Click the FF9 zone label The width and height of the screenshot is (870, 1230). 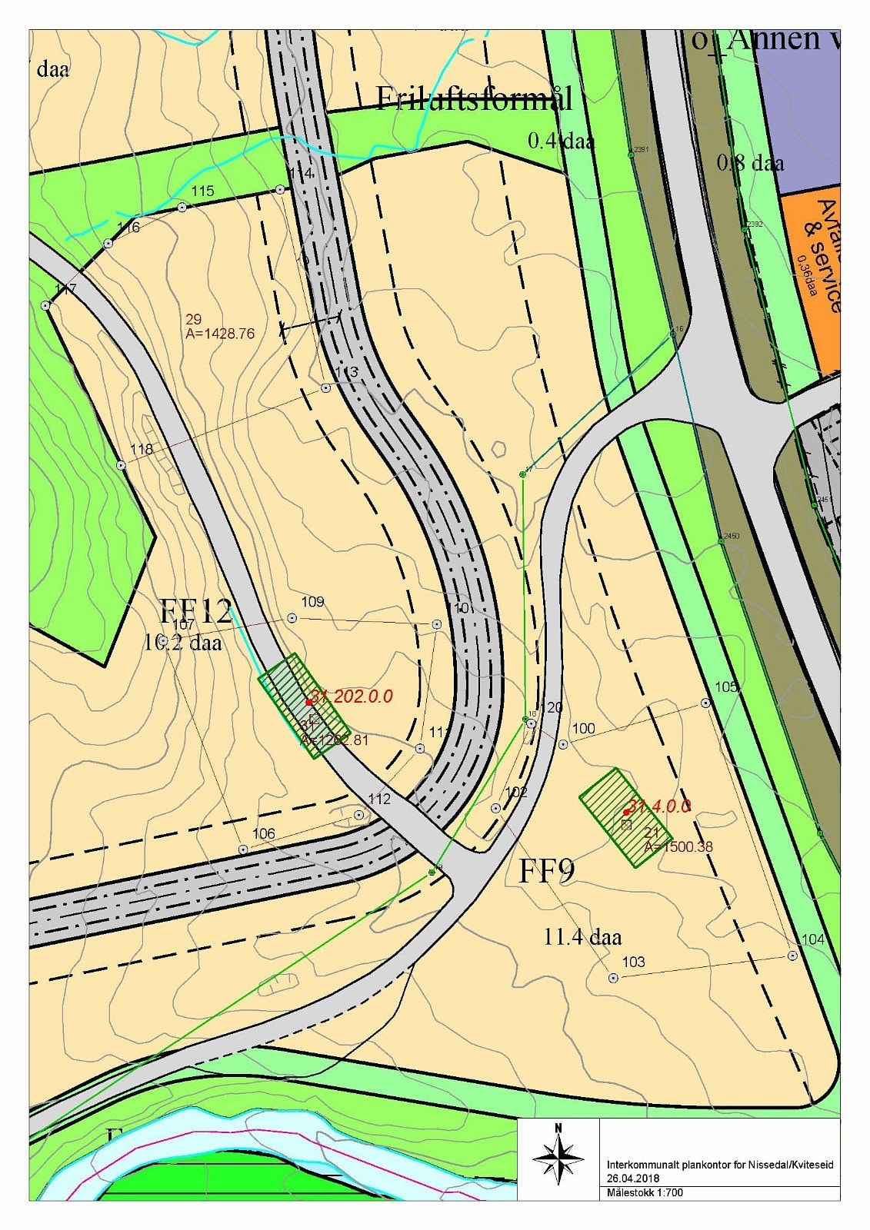click(x=547, y=871)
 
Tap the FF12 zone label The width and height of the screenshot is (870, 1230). click(x=195, y=612)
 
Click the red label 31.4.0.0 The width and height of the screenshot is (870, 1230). click(x=659, y=806)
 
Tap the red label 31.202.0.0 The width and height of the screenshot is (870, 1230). click(x=352, y=696)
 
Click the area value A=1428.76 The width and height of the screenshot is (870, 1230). click(x=220, y=334)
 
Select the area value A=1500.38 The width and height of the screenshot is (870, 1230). click(x=678, y=847)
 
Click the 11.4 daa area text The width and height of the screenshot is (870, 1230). click(x=582, y=937)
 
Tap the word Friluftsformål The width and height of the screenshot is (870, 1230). click(x=474, y=99)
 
